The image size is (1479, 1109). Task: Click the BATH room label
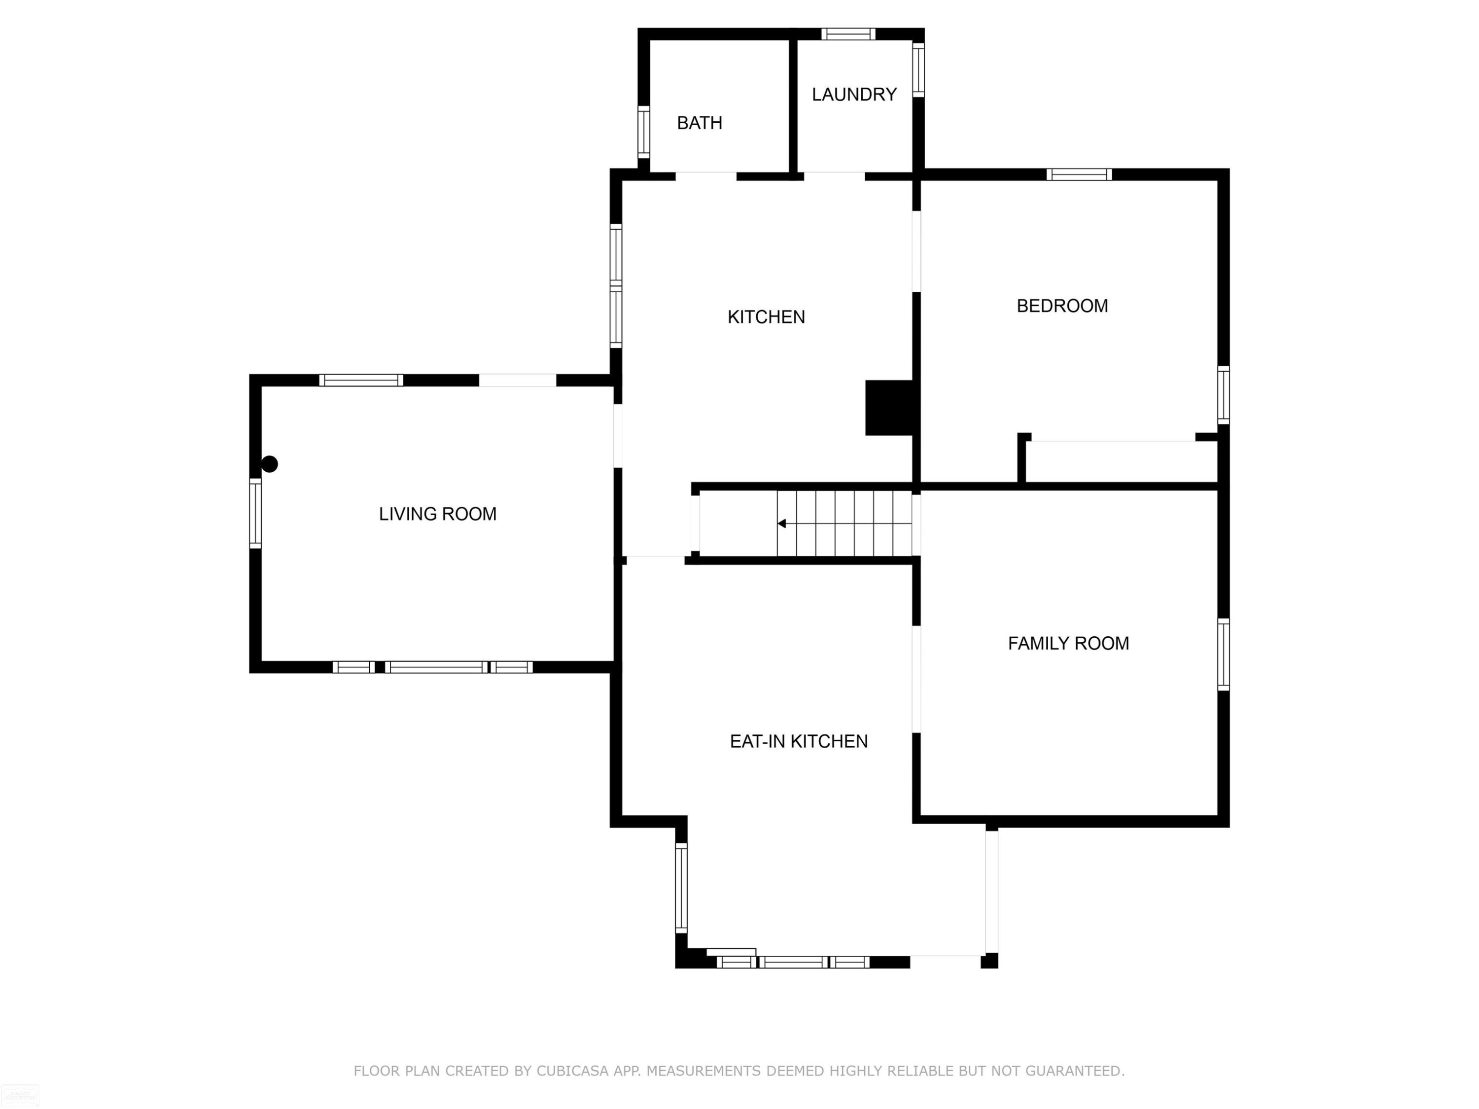(x=700, y=123)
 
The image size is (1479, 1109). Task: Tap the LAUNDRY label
(x=854, y=94)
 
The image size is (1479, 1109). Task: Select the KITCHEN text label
(x=766, y=317)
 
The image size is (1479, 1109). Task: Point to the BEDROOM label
(x=1062, y=306)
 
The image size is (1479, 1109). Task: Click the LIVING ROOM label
(x=437, y=514)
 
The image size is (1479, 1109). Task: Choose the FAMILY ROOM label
(x=1068, y=643)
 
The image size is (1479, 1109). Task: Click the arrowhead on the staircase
(x=781, y=523)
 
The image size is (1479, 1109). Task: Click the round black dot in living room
(x=270, y=464)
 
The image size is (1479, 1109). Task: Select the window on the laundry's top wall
(x=848, y=34)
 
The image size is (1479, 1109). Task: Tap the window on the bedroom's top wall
(x=1079, y=174)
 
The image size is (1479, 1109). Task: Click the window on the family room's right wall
(x=1223, y=655)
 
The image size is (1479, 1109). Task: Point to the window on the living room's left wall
(x=255, y=514)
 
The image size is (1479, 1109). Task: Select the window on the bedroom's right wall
(x=1223, y=395)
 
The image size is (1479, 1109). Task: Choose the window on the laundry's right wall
(x=918, y=69)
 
